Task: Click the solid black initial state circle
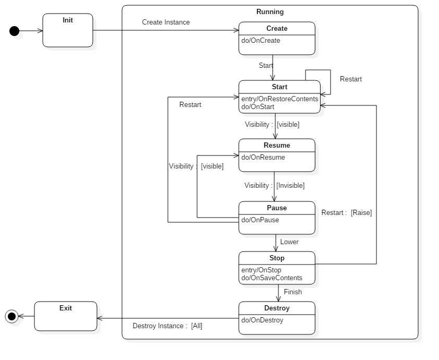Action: pyautogui.click(x=15, y=31)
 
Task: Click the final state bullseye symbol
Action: pyautogui.click(x=11, y=316)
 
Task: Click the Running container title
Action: pyautogui.click(x=270, y=11)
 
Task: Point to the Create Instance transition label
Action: pyautogui.click(x=166, y=22)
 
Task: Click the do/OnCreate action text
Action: pyautogui.click(x=261, y=41)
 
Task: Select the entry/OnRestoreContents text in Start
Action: pyautogui.click(x=279, y=99)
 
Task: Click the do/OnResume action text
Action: pyautogui.click(x=263, y=158)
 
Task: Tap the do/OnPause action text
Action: pyautogui.click(x=260, y=220)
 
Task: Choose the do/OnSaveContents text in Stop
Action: pyautogui.click(x=272, y=278)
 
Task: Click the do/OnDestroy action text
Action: pyautogui.click(x=262, y=320)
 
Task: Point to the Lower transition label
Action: pyautogui.click(x=289, y=242)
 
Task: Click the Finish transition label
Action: pyautogui.click(x=292, y=292)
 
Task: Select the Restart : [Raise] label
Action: pyautogui.click(x=346, y=213)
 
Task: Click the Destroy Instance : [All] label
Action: pyautogui.click(x=167, y=326)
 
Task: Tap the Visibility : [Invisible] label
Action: pyautogui.click(x=274, y=186)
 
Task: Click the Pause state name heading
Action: pyautogui.click(x=277, y=208)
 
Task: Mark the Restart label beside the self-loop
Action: pyautogui.click(x=350, y=79)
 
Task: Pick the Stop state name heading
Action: pyautogui.click(x=277, y=258)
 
